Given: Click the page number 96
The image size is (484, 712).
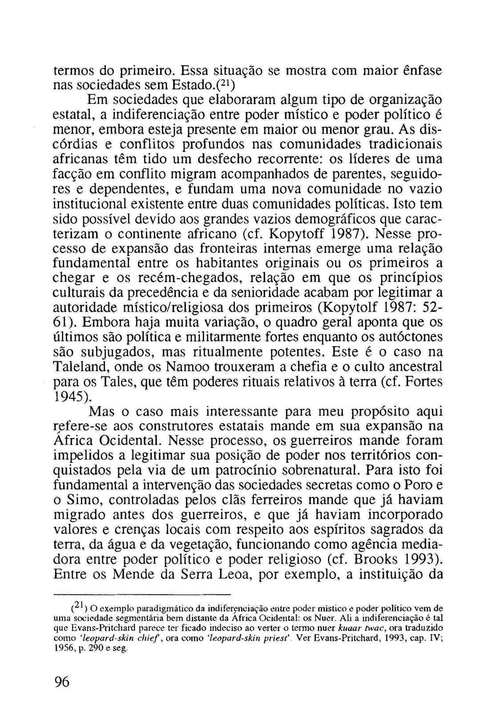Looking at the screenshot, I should point(62,682).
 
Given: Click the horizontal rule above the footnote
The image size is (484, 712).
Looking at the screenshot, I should point(142,595).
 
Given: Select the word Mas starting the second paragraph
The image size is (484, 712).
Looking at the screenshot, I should point(103,411).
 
